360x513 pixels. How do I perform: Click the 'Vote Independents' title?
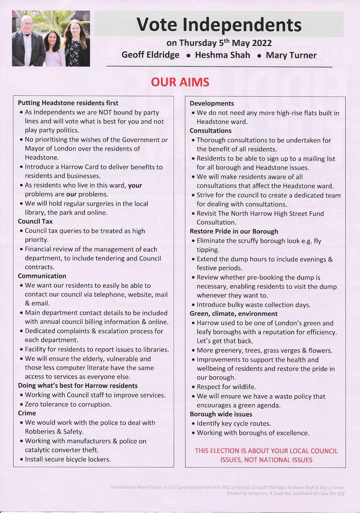coord(219,24)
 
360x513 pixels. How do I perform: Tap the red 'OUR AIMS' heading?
coord(180,82)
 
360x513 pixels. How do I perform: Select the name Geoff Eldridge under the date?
coord(151,55)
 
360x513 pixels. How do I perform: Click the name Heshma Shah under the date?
coord(223,55)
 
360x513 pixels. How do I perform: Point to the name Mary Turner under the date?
coord(291,55)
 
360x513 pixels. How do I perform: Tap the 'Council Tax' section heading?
coord(35,221)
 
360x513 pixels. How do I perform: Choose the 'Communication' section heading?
coord(42,276)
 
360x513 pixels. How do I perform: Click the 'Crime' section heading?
coord(27,413)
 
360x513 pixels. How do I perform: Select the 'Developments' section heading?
coord(212,104)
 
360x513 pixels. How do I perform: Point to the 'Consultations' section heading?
coord(210,131)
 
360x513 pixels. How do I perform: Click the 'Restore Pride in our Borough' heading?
coord(234,231)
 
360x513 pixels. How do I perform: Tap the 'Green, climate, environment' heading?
coord(234,313)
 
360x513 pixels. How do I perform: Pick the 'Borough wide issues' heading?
coord(221,414)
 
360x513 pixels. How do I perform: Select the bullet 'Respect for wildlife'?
coord(226,387)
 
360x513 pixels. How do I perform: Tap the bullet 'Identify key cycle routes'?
coord(234,423)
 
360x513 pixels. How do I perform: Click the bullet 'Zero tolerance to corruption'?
coord(68,404)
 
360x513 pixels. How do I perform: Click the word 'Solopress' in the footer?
coord(256,494)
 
